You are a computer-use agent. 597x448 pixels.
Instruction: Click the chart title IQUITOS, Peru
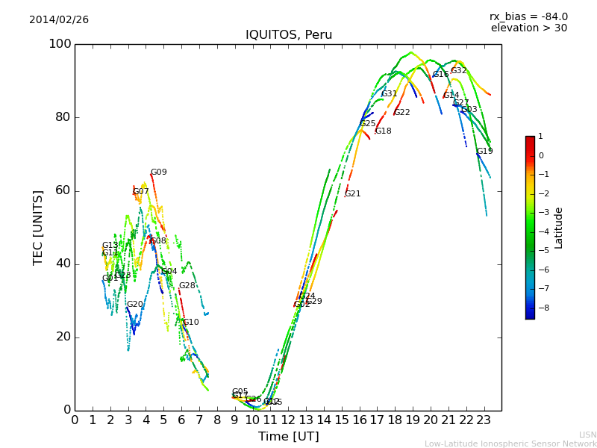coord(289,35)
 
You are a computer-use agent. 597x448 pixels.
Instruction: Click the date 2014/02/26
coord(59,20)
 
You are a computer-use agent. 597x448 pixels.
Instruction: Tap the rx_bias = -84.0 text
coord(528,17)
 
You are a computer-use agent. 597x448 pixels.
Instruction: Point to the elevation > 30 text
coord(528,28)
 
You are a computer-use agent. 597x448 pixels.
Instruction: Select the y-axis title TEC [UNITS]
coord(38,227)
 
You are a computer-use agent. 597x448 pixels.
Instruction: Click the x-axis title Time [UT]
coord(288,437)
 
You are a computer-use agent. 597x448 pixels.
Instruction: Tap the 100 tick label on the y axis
coord(60,44)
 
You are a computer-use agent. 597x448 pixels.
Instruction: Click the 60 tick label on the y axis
coord(63,190)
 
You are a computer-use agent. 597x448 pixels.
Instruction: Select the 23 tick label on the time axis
coord(484,420)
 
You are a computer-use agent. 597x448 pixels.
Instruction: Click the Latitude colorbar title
coord(559,228)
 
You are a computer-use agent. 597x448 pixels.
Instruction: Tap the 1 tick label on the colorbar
coord(540,137)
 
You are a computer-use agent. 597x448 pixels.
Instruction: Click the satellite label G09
coord(159,172)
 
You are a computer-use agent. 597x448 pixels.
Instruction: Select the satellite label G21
coord(352,194)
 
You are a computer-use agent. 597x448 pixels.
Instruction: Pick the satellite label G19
coord(485,152)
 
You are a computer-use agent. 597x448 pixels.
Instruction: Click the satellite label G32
coord(458,71)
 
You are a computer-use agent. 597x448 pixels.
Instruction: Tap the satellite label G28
coord(187,286)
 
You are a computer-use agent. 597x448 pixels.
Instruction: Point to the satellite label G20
coord(134,305)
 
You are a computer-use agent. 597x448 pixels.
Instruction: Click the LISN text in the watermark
coord(587,435)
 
